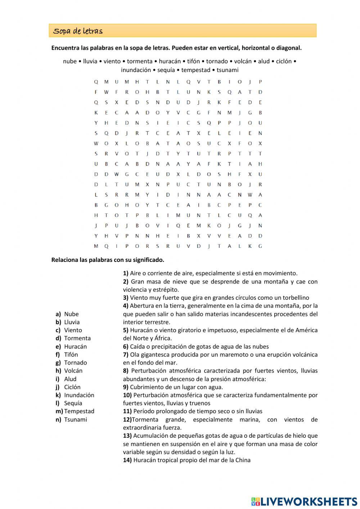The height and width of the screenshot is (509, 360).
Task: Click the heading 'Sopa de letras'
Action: click(78, 31)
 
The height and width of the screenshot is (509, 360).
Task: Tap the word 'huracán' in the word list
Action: click(170, 61)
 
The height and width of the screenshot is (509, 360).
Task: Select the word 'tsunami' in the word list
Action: click(227, 70)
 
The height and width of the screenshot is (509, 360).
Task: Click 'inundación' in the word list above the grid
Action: click(136, 70)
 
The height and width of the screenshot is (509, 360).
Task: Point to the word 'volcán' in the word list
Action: click(243, 61)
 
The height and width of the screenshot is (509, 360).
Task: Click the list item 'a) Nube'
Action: click(67, 314)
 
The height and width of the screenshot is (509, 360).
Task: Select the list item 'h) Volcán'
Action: click(69, 371)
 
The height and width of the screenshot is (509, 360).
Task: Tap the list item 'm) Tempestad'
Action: click(75, 411)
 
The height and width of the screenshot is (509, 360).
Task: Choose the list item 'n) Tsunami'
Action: click(71, 419)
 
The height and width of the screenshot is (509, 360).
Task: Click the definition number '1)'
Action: click(126, 273)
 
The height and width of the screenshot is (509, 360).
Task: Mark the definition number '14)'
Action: click(127, 460)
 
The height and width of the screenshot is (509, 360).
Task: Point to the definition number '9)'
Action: click(126, 387)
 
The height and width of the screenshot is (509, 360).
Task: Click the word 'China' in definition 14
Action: click(243, 460)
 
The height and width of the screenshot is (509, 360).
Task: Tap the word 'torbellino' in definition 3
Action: click(295, 298)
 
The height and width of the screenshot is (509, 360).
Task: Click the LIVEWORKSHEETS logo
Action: click(304, 501)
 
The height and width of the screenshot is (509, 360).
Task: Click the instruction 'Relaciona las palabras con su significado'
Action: click(108, 260)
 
